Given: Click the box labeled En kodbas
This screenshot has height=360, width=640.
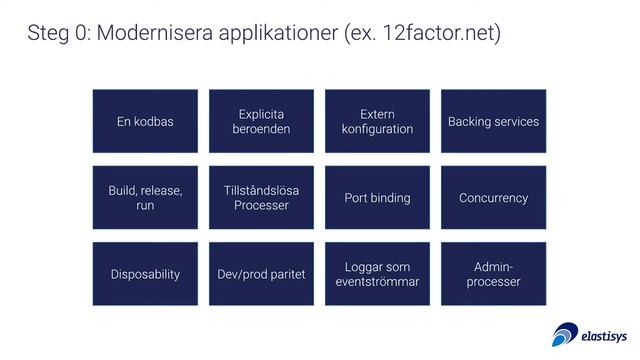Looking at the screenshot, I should [145, 122].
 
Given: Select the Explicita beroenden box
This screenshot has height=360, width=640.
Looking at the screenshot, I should [261, 122].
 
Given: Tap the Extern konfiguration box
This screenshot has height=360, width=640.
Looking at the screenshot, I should [377, 122].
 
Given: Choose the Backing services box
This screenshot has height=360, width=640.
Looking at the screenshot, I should [493, 122].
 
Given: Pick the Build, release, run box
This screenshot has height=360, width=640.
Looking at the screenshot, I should [145, 198].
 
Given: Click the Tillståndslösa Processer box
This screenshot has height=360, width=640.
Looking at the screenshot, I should [261, 198].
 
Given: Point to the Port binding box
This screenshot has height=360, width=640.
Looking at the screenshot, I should [377, 198].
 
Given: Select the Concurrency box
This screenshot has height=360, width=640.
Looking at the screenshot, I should [493, 198].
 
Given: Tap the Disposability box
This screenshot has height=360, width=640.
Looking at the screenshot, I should [145, 274].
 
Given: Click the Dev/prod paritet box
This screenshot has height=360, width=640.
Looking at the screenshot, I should [261, 274].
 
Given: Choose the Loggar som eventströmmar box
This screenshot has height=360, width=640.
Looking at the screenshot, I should [377, 274].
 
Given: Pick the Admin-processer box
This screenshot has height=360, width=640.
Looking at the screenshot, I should [493, 274].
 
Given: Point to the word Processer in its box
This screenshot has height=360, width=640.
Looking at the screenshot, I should [261, 206].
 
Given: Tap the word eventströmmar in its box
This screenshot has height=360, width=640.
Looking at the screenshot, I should [377, 282].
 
